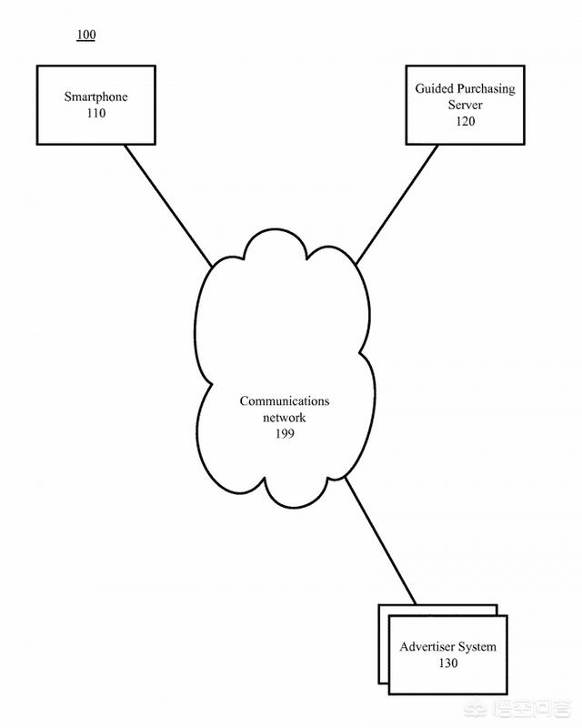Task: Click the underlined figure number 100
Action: point(85,35)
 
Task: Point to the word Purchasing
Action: point(485,88)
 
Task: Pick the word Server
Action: point(465,105)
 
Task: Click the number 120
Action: point(465,122)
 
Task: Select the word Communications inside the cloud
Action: point(285,400)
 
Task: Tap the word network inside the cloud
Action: point(285,418)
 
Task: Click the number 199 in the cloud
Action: point(285,434)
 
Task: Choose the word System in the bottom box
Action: point(477,647)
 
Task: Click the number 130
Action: point(447,663)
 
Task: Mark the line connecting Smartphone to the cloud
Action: point(168,205)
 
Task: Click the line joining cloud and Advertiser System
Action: point(380,539)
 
